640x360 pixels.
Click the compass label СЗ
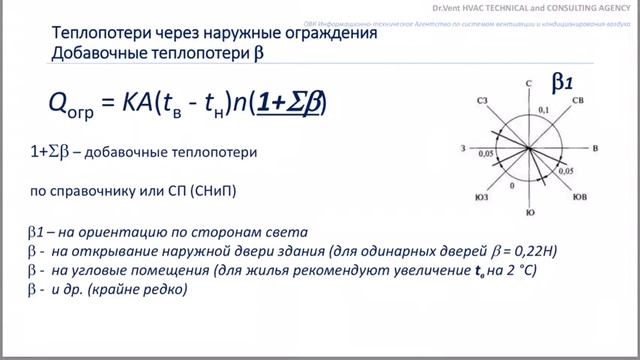tap(482, 101)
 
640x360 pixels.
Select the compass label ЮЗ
tap(481, 196)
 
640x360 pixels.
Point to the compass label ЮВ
tap(578, 196)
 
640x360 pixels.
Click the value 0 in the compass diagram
tap(512, 186)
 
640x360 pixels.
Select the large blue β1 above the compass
tap(561, 84)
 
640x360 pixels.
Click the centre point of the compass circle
tap(528, 148)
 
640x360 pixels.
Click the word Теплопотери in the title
tap(100, 33)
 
